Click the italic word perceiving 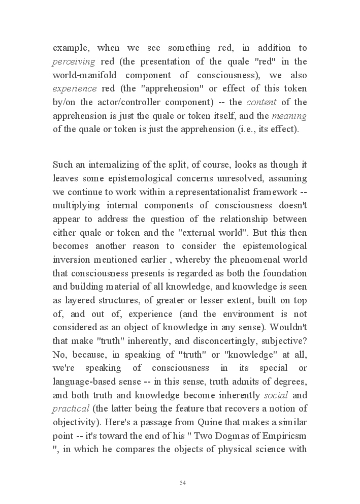click(x=74, y=62)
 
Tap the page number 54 click(x=183, y=482)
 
